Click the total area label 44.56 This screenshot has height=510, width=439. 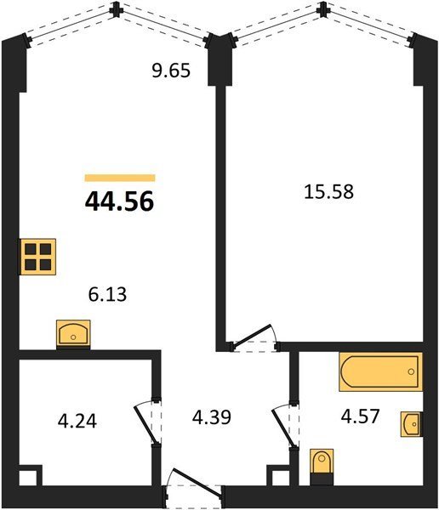point(119,201)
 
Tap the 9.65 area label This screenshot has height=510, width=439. point(171,71)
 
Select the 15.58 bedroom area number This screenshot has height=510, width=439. point(328,191)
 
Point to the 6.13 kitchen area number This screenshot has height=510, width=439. point(107,294)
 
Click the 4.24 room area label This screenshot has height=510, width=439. point(77,422)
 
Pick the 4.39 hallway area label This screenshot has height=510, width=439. point(212,417)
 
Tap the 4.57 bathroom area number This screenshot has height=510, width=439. point(360,416)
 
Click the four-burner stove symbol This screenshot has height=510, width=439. point(38,257)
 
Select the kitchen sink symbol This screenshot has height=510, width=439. point(73,332)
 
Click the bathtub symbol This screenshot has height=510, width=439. point(380,371)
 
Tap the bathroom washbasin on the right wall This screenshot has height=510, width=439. point(412,424)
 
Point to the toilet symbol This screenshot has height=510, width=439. point(322,467)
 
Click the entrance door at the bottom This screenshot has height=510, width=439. point(194,488)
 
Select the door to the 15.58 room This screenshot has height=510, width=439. point(254,339)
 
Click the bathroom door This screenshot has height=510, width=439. point(285,426)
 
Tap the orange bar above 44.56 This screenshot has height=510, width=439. point(120,178)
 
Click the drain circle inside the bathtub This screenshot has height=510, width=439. point(411,371)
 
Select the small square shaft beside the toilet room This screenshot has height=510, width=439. point(278,477)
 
